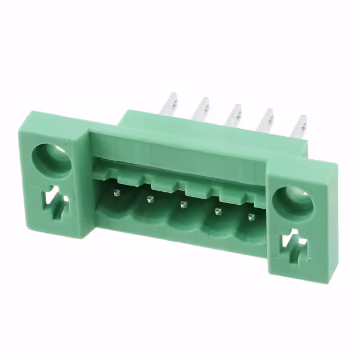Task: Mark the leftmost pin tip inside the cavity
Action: [116, 192]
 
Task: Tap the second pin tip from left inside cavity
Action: [149, 199]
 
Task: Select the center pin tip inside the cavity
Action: [182, 204]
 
